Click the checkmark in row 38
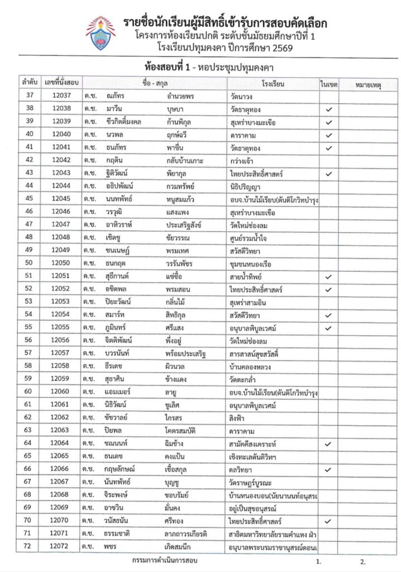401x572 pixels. click(x=329, y=108)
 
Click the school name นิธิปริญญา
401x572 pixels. click(x=246, y=186)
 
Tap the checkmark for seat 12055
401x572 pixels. click(x=329, y=327)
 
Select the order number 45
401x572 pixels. click(x=29, y=199)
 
